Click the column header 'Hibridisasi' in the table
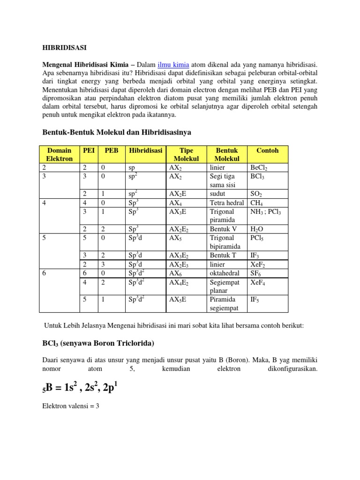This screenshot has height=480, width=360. pos(146,150)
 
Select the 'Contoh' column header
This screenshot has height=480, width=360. pos(267,150)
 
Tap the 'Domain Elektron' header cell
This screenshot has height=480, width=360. pos(59,154)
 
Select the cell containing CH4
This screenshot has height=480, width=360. pos(256,202)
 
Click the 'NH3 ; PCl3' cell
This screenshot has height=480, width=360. pos(266,211)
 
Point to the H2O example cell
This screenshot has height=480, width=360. pos(257,229)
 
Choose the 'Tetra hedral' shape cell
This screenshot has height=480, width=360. pos(227,202)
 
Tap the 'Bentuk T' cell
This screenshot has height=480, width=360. pos(224,255)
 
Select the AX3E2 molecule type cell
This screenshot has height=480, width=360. pos(180,255)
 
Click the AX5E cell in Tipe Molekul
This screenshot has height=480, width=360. pos(178,299)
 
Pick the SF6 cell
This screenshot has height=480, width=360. pos(256,273)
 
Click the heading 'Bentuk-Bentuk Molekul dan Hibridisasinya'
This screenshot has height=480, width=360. pos(117,133)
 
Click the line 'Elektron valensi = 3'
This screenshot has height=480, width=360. pos(71,406)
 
